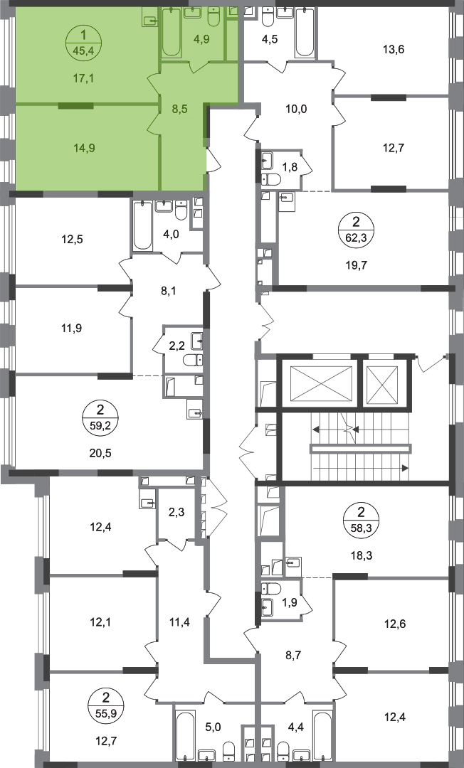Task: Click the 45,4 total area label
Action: point(83,49)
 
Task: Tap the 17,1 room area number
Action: point(83,78)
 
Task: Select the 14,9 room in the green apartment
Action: point(83,147)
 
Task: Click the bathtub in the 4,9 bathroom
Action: point(171,32)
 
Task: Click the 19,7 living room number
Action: point(357,265)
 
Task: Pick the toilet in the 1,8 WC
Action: point(271,180)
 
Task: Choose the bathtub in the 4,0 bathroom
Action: point(142,225)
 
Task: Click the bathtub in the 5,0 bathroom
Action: point(184,736)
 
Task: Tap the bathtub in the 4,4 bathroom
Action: point(323,736)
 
